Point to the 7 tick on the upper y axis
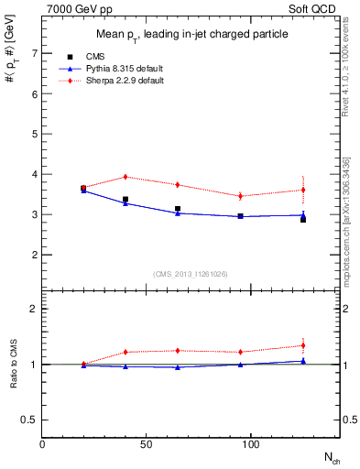tap(35, 53)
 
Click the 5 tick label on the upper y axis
tap(35, 134)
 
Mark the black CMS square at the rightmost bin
tap(303, 220)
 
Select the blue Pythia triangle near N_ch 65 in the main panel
tap(178, 213)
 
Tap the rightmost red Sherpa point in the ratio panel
tap(303, 345)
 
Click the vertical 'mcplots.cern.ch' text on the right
tap(351, 238)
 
